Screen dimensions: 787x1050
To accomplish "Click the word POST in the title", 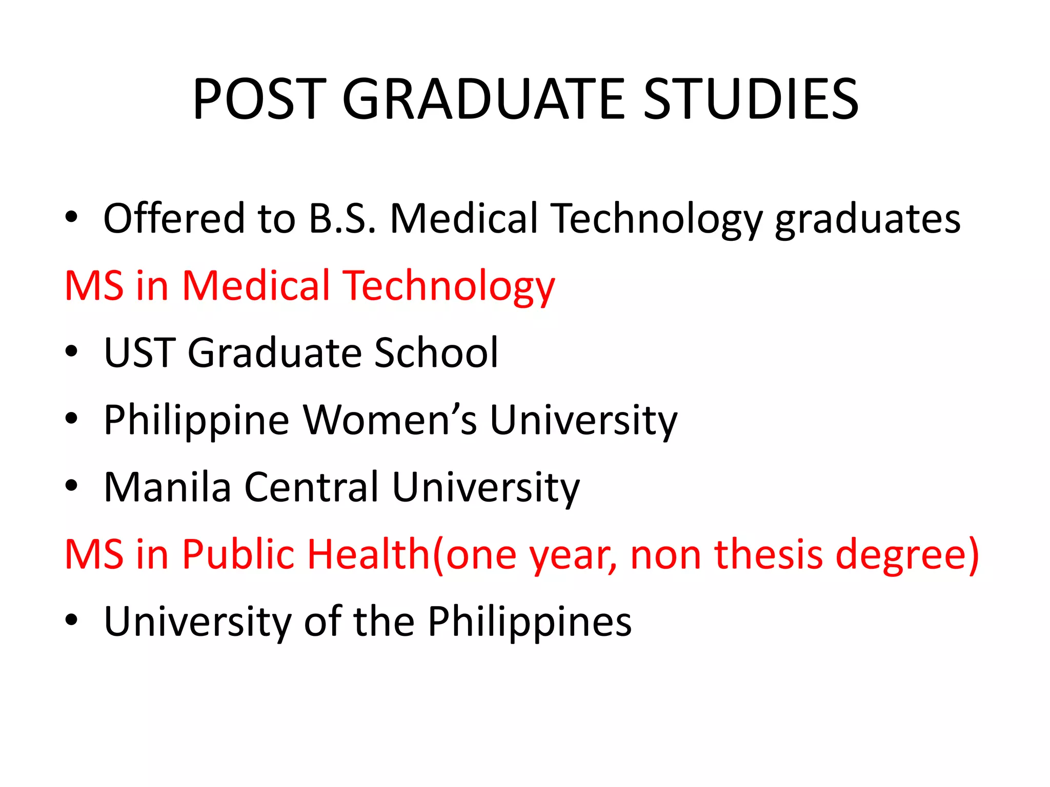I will tap(260, 99).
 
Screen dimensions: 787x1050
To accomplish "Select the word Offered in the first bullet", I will tap(174, 218).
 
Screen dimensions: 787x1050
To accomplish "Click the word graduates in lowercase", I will tap(867, 219).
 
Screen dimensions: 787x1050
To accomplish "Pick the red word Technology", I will tap(449, 286).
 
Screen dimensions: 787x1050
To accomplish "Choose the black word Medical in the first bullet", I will tap(463, 218).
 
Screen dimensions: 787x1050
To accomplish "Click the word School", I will tap(436, 353).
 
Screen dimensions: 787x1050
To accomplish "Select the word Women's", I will tap(390, 420).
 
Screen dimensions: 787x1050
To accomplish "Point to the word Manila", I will tap(168, 487).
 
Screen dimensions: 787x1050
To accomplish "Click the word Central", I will tap(311, 487).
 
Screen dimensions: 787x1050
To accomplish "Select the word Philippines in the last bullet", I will tap(530, 622).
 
